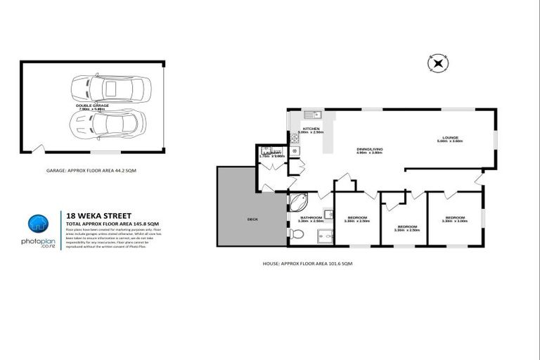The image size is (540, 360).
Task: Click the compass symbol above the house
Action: [437, 64]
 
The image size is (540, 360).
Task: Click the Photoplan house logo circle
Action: [38, 224]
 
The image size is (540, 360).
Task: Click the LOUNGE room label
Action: [450, 139]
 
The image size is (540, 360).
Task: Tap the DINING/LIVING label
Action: [369, 150]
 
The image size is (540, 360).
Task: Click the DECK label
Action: [252, 219]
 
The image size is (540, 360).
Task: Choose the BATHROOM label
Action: [310, 218]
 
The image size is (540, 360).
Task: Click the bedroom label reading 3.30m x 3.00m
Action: [455, 219]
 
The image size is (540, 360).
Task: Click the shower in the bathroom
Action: [324, 237]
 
